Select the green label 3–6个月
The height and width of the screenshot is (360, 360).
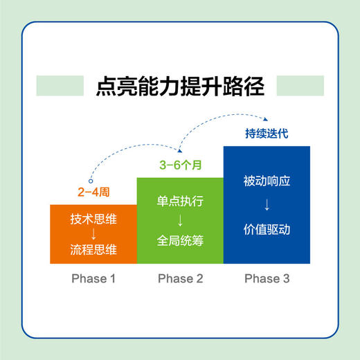pyautogui.click(x=180, y=166)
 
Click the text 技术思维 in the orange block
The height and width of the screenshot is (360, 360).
pyautogui.click(x=93, y=219)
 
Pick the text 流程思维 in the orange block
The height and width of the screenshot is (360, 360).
pyautogui.click(x=93, y=249)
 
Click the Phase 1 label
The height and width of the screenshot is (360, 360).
pyautogui.click(x=93, y=279)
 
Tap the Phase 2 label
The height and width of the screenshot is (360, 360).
pyautogui.click(x=180, y=279)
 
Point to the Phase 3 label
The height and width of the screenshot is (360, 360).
pyautogui.click(x=267, y=279)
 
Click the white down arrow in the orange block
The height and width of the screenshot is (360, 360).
pyautogui.click(x=93, y=234)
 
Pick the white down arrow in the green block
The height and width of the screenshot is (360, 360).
pyautogui.click(x=180, y=220)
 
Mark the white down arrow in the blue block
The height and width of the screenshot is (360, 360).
pyautogui.click(x=267, y=206)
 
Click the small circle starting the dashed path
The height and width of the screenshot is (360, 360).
pyautogui.click(x=89, y=179)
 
